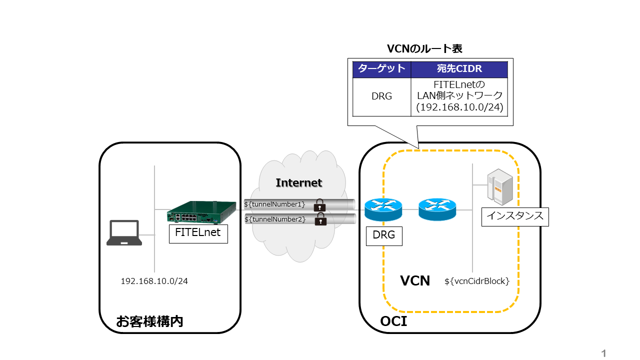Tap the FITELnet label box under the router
coord(198,233)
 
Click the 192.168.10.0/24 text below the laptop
coord(154,281)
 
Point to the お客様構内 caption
coord(149,321)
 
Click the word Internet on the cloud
coord(299,182)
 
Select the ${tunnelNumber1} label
coord(274,204)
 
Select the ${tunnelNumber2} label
coord(275,219)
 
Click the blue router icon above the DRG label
coord(383,210)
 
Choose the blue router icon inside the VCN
coord(437,209)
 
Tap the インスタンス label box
coord(515,217)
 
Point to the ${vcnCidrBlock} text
coord(477,281)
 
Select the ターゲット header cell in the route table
coord(382,69)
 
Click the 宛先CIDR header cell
coord(459,69)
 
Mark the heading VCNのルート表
coord(424,48)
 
